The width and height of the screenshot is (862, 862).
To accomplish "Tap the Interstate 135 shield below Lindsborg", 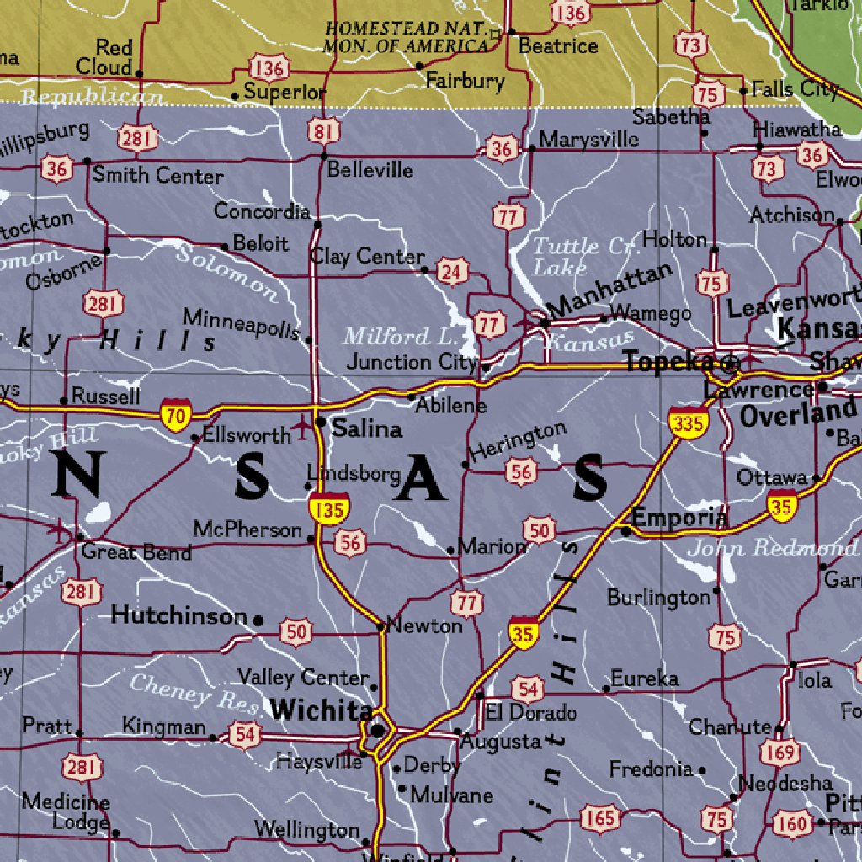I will [x=327, y=508].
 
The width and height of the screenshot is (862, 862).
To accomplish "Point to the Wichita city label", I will [x=321, y=710].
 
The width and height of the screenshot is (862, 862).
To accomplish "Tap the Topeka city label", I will [x=669, y=362].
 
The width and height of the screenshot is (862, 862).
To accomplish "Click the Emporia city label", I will [x=679, y=518].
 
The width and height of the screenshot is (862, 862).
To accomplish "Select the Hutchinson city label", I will [x=179, y=615].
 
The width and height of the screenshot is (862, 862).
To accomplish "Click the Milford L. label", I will [x=398, y=337].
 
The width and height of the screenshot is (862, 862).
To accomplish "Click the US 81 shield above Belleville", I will [x=324, y=130].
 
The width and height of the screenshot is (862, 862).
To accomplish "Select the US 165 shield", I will [x=601, y=817].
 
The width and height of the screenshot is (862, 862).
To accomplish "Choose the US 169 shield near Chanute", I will [x=783, y=753].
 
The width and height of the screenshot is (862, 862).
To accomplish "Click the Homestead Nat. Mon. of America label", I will [x=407, y=38].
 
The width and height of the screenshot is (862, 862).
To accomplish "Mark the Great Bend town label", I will [x=136, y=552].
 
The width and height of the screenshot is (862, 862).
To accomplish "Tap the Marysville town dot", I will [x=531, y=148].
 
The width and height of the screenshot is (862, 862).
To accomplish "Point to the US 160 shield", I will [x=792, y=822].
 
